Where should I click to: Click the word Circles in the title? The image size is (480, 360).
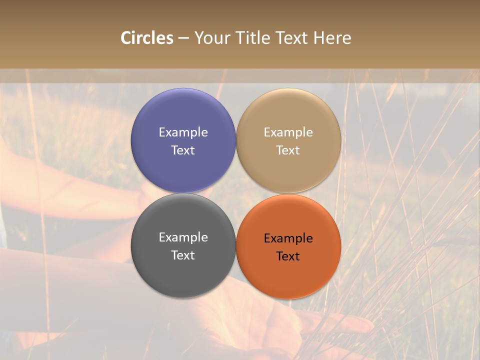click(147, 38)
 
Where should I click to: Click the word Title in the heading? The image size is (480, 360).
click(250, 38)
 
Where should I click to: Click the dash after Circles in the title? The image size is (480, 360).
click(183, 38)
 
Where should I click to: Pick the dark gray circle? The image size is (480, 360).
click(183, 270)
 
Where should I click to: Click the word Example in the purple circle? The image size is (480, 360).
click(183, 132)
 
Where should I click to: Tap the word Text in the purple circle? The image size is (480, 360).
click(183, 150)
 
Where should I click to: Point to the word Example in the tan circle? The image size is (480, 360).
click(288, 132)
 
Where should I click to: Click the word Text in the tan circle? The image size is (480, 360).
click(288, 150)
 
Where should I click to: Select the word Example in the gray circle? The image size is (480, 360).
click(183, 237)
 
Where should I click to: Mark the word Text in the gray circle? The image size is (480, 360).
click(183, 255)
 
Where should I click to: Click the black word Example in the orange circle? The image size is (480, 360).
click(288, 238)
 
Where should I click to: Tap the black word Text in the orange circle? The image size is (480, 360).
click(288, 256)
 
